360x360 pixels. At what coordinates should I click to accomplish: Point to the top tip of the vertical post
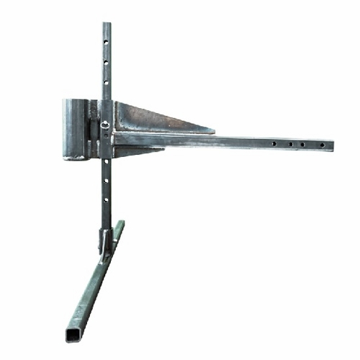click(107, 24)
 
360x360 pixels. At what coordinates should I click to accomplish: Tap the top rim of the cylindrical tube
click(75, 101)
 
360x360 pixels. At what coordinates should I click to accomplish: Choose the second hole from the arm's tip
click(303, 145)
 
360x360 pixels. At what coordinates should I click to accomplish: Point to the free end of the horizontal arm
click(332, 145)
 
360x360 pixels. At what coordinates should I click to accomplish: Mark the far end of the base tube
click(120, 223)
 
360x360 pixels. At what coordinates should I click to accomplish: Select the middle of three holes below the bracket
click(107, 181)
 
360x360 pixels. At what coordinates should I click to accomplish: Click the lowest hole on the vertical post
click(107, 199)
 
